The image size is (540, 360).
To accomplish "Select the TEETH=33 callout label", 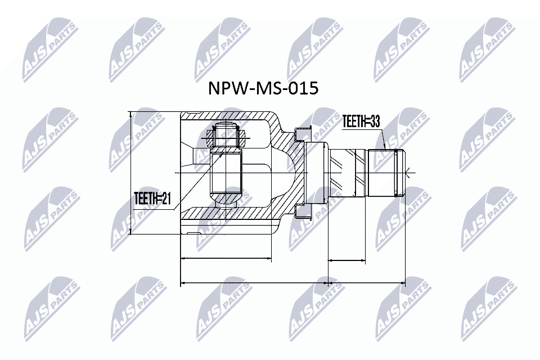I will point(361,121).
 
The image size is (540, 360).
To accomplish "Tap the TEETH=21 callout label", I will point(152,199).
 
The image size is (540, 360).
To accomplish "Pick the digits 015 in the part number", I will point(304,88).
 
